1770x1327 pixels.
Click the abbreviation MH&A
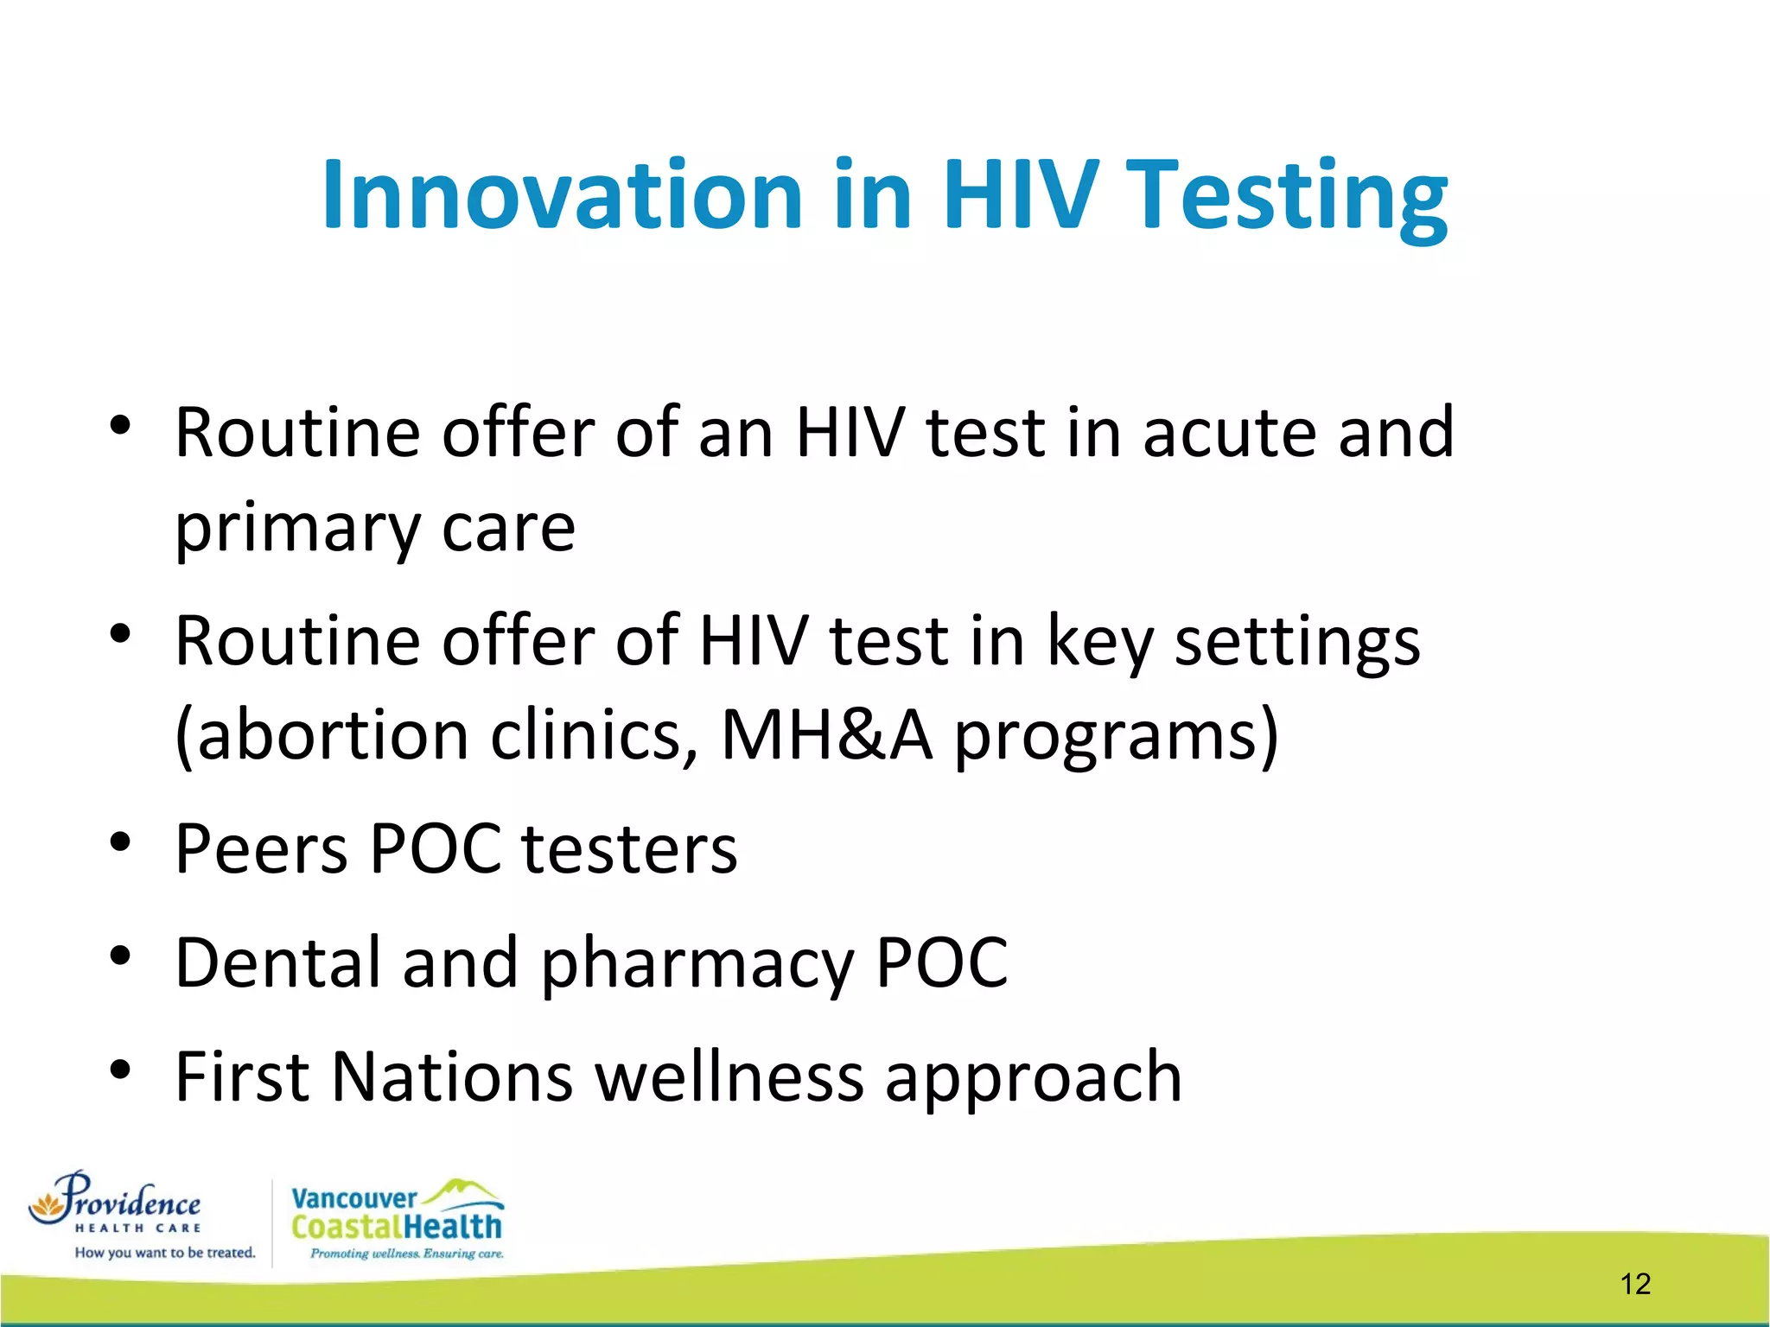tap(826, 735)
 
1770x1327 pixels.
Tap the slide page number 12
tap(1635, 1284)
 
